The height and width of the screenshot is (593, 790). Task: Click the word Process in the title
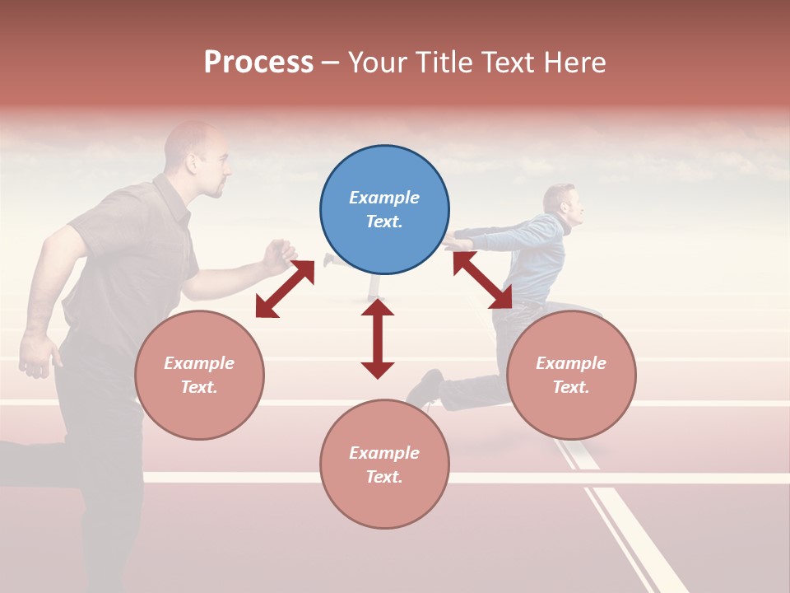point(258,63)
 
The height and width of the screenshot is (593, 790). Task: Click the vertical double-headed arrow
point(378,339)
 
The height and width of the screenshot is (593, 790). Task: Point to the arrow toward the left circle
point(285,289)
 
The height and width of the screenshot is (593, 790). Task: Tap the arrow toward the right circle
point(482,280)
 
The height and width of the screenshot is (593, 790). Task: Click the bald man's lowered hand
point(38,355)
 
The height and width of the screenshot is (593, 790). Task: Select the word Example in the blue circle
point(384,198)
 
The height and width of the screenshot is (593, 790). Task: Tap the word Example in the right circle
point(571,363)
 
